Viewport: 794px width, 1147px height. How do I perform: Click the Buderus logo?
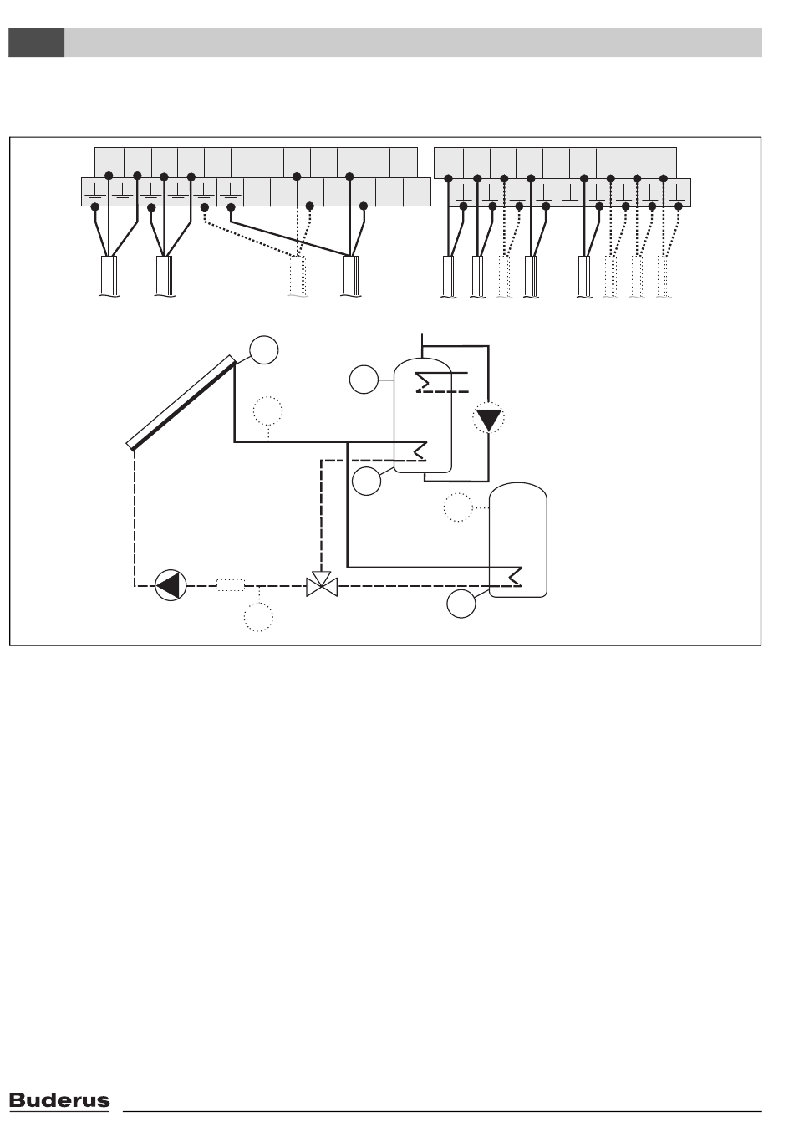pos(59,1100)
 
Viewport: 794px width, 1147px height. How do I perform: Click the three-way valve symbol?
pos(322,585)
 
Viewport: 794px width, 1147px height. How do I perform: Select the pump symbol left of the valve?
pos(171,585)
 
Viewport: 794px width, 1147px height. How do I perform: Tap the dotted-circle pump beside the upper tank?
pos(489,417)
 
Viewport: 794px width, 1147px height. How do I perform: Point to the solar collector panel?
pos(181,402)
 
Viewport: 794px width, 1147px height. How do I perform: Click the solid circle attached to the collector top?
pos(263,349)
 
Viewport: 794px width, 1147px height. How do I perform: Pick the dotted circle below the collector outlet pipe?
pos(267,411)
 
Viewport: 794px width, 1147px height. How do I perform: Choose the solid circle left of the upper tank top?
pos(364,380)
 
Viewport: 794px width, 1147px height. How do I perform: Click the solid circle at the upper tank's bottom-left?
pos(366,481)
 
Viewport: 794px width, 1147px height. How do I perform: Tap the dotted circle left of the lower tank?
pos(457,507)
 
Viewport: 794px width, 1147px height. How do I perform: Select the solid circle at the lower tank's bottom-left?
pos(461,604)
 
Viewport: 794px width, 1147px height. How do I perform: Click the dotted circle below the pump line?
pos(258,618)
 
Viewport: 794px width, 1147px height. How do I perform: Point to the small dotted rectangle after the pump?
pos(230,585)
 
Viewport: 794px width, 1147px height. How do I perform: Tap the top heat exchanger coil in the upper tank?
pos(425,381)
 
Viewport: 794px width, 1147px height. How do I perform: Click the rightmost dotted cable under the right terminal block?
pos(664,277)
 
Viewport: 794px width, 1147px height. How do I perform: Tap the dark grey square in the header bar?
pos(37,43)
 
